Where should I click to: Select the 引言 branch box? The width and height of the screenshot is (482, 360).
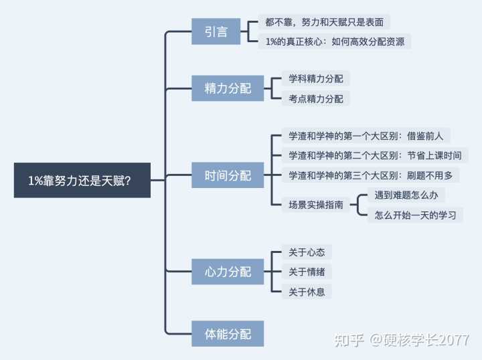(216, 31)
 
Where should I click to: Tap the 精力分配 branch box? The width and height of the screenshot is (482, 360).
(228, 88)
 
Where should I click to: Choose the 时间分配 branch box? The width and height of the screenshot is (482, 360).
(228, 175)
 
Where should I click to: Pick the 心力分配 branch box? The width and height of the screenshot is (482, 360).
(228, 272)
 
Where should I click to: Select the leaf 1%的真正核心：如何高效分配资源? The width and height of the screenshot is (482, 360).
(335, 41)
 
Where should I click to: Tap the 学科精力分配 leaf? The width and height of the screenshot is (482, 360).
(315, 79)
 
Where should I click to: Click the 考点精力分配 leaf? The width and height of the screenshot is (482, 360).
(315, 98)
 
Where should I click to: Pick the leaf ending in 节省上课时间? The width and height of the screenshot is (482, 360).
(375, 155)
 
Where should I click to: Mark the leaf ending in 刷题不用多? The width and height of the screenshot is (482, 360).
(370, 175)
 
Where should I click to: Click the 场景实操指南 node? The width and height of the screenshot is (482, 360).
(315, 205)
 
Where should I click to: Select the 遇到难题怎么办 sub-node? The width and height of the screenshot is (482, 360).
(406, 195)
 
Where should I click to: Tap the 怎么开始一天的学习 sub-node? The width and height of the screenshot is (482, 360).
(415, 215)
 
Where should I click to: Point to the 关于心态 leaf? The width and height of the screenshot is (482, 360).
(307, 252)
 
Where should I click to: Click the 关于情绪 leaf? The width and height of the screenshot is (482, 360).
(307, 272)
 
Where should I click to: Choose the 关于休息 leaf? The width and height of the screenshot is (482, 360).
(307, 291)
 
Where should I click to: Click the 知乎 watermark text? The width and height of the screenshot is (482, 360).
(349, 339)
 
